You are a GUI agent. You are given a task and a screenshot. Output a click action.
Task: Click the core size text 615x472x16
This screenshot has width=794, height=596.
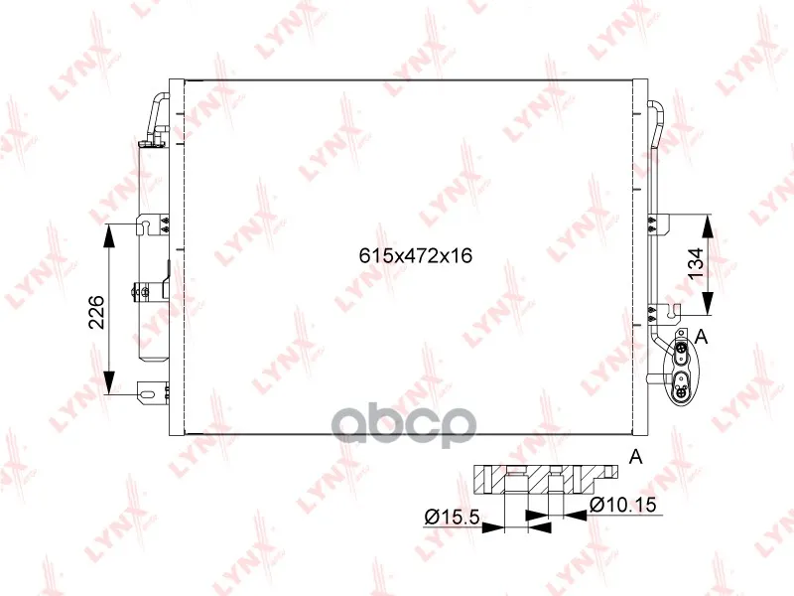(416, 255)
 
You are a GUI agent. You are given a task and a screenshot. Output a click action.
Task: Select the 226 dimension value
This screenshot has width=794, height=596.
(96, 311)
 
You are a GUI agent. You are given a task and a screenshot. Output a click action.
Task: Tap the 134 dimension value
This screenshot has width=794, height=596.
(697, 262)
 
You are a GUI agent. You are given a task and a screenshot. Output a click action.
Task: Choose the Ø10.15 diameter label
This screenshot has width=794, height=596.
(623, 505)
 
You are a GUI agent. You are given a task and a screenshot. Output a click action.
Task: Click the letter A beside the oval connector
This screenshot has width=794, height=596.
(702, 336)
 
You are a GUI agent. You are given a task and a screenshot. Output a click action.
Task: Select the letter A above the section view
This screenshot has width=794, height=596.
(635, 457)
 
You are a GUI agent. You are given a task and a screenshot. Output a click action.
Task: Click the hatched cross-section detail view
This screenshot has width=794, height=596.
(545, 480)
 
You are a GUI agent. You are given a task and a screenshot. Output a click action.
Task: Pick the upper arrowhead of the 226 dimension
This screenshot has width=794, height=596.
(109, 235)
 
